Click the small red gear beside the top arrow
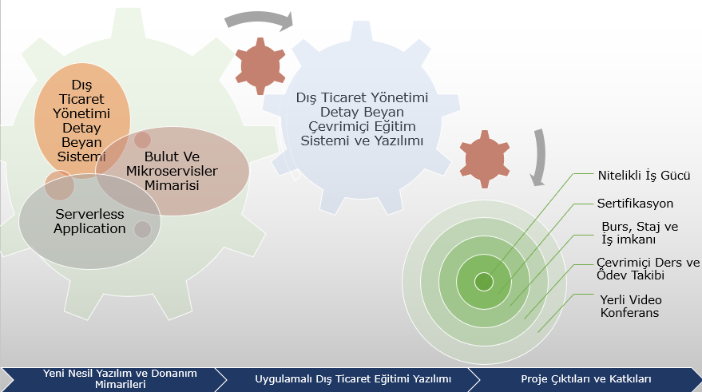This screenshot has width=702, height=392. [260, 66]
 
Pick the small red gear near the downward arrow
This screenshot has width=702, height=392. [485, 160]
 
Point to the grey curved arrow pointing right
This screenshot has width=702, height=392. [260, 19]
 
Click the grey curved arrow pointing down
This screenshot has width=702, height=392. [541, 156]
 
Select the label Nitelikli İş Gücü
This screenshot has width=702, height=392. [644, 176]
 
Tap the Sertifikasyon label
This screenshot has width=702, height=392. [635, 204]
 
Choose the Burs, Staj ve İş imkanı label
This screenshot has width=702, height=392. [640, 232]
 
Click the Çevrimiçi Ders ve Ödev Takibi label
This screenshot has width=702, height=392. [648, 268]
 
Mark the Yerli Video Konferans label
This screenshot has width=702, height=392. [631, 306]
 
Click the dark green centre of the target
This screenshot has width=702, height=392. [484, 282]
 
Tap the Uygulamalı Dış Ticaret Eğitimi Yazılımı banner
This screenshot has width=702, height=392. [353, 379]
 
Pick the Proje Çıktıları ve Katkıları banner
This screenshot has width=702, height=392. [585, 379]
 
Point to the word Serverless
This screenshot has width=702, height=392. [89, 214]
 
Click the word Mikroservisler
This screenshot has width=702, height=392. [172, 171]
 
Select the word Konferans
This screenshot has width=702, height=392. [629, 312]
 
